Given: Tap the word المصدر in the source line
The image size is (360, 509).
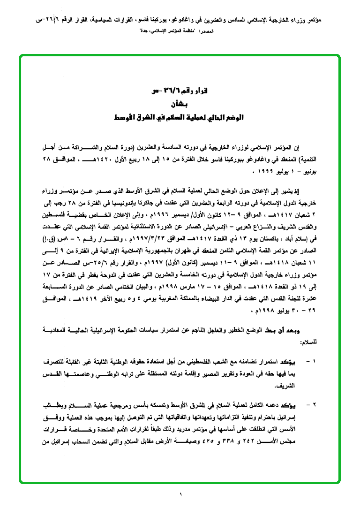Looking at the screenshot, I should [206, 30].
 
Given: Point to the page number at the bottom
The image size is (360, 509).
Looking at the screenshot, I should [180, 494].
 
